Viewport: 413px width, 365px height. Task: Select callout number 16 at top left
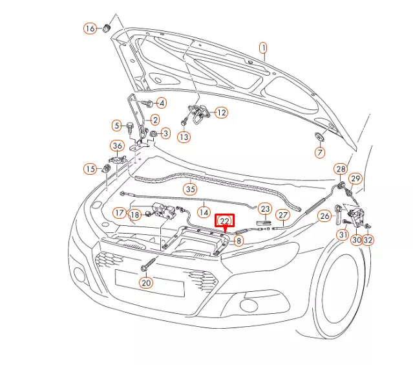pos(89,28)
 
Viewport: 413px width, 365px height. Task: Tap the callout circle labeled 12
pos(221,113)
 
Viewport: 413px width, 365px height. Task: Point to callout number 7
pos(320,153)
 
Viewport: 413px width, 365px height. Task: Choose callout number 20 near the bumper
pos(146,282)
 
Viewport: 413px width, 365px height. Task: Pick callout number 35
pos(189,190)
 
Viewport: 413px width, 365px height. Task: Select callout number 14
pos(204,211)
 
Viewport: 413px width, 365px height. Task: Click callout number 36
pos(117,146)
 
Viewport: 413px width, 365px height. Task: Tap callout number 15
pos(89,169)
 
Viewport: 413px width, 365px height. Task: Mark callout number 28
pos(340,170)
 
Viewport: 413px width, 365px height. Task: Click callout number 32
pos(368,240)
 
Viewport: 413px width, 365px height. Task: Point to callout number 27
pos(282,215)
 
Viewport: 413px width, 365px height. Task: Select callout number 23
pos(265,209)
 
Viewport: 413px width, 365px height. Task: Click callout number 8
pos(238,241)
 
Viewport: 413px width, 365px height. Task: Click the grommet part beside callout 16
pos(107,28)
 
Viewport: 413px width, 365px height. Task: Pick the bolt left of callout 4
pos(146,103)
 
